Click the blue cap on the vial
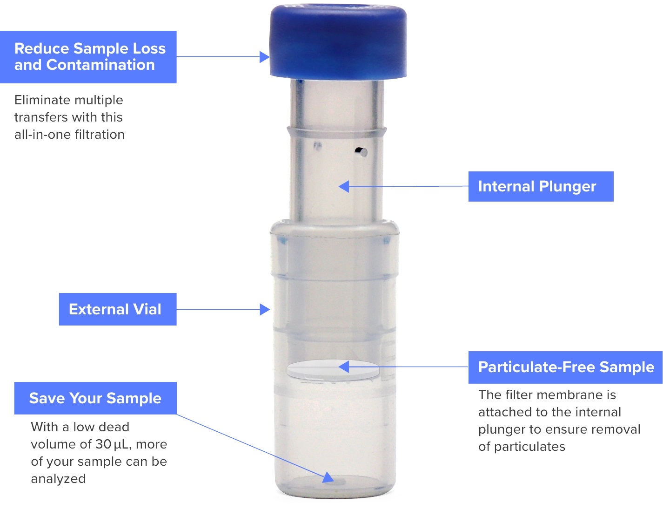tap(338, 41)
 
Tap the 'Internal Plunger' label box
tap(541, 186)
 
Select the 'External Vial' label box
tap(117, 309)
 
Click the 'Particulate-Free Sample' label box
tap(565, 367)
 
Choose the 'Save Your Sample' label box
tap(95, 398)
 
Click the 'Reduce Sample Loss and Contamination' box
tap(88, 57)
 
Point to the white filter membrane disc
tap(333, 370)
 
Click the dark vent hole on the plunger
tap(361, 152)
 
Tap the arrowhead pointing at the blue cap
tap(264, 57)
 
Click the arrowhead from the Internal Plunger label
tap(344, 187)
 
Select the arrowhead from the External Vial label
tap(265, 309)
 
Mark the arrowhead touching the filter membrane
tap(344, 367)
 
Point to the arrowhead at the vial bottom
tap(328, 477)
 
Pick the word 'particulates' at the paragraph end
tap(529, 447)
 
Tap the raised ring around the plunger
tap(337, 132)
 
